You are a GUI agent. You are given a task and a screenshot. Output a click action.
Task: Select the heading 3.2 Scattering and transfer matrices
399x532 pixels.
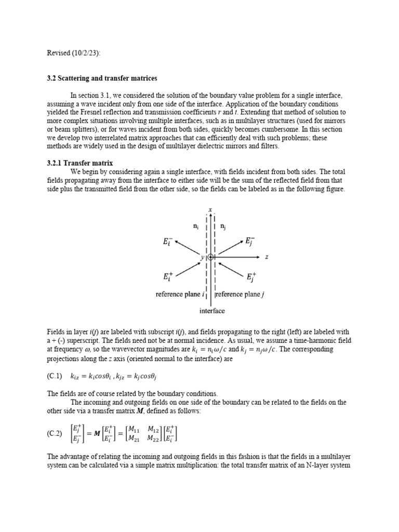click(x=102, y=78)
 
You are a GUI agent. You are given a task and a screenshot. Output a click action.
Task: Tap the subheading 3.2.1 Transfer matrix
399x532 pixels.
click(x=80, y=163)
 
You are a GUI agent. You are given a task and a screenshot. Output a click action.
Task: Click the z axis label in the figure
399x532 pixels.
click(x=266, y=257)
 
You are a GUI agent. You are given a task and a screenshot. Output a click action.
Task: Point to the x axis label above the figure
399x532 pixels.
click(x=210, y=209)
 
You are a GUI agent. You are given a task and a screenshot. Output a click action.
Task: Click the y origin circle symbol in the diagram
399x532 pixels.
click(x=210, y=257)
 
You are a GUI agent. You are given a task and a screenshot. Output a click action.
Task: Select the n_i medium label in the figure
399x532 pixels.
click(x=195, y=227)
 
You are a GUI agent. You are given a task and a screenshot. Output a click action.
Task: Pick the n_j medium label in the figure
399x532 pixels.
click(x=223, y=227)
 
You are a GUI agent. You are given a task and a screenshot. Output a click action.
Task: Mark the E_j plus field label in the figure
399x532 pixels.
click(x=251, y=276)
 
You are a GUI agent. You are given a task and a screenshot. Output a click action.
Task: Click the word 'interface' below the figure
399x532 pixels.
click(x=212, y=311)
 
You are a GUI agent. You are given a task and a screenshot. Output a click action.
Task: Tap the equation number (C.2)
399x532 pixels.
click(x=55, y=434)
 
